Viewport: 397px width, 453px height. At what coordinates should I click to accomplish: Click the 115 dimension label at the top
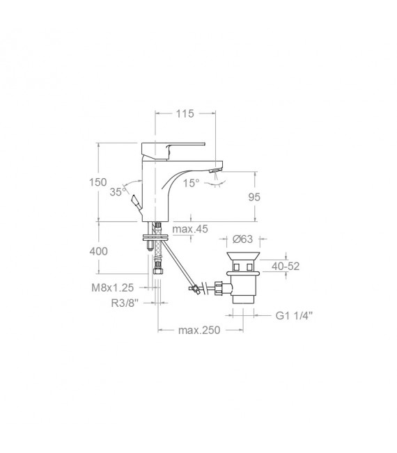tap(185, 113)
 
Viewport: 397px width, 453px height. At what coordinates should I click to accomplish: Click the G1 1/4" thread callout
tap(293, 315)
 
